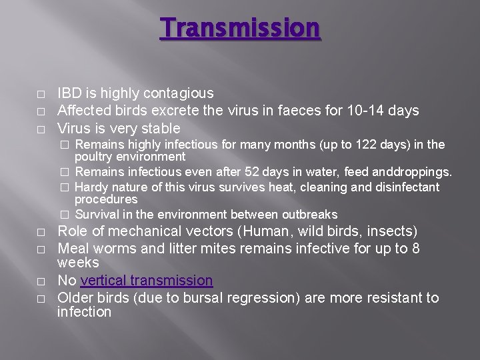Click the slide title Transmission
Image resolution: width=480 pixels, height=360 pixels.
pos(240,28)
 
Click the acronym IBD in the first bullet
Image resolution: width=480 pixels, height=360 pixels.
pos(69,93)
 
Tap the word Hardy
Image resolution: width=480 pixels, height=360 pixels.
pos(91,187)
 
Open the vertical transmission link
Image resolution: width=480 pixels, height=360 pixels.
pos(147,281)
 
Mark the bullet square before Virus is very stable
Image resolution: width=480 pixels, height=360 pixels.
pos(41,129)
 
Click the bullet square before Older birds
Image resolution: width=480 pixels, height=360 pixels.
pos(41,299)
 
